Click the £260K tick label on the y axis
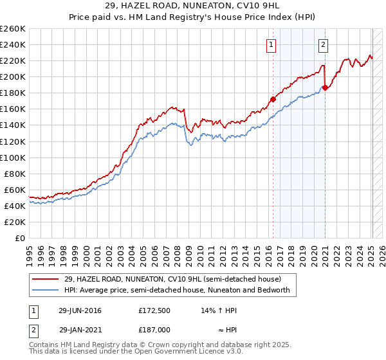[12, 29]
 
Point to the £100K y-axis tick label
[12, 157]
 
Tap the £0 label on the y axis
[20, 238]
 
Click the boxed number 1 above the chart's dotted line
[271, 45]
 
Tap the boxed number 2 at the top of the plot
[322, 45]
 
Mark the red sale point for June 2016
[273, 99]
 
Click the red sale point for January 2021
[325, 87]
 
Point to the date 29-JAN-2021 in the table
[80, 328]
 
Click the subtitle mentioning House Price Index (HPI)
[193, 17]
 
